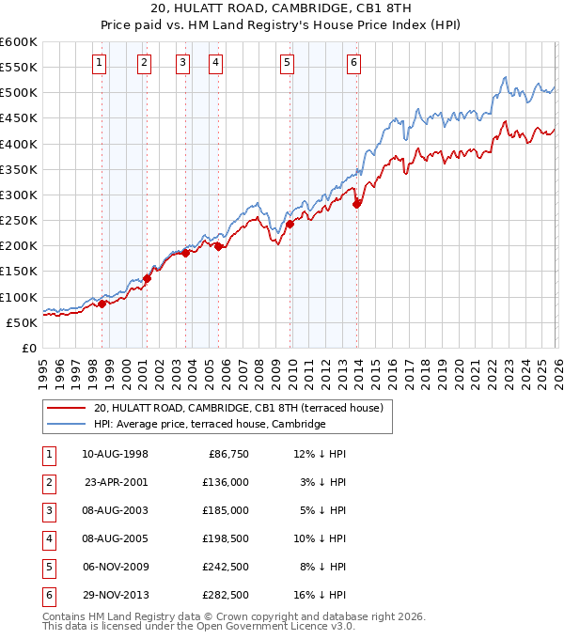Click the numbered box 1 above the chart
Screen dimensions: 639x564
click(100, 63)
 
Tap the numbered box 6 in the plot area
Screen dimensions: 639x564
click(353, 63)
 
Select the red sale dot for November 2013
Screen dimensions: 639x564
click(356, 204)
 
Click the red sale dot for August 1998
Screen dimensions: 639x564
click(102, 304)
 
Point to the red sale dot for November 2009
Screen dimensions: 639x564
click(290, 224)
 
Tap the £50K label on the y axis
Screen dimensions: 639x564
click(23, 322)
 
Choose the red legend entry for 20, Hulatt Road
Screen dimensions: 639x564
click(237, 409)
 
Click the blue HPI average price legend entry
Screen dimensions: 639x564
click(209, 425)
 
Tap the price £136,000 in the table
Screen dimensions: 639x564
click(226, 482)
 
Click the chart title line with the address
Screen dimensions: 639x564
click(281, 9)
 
